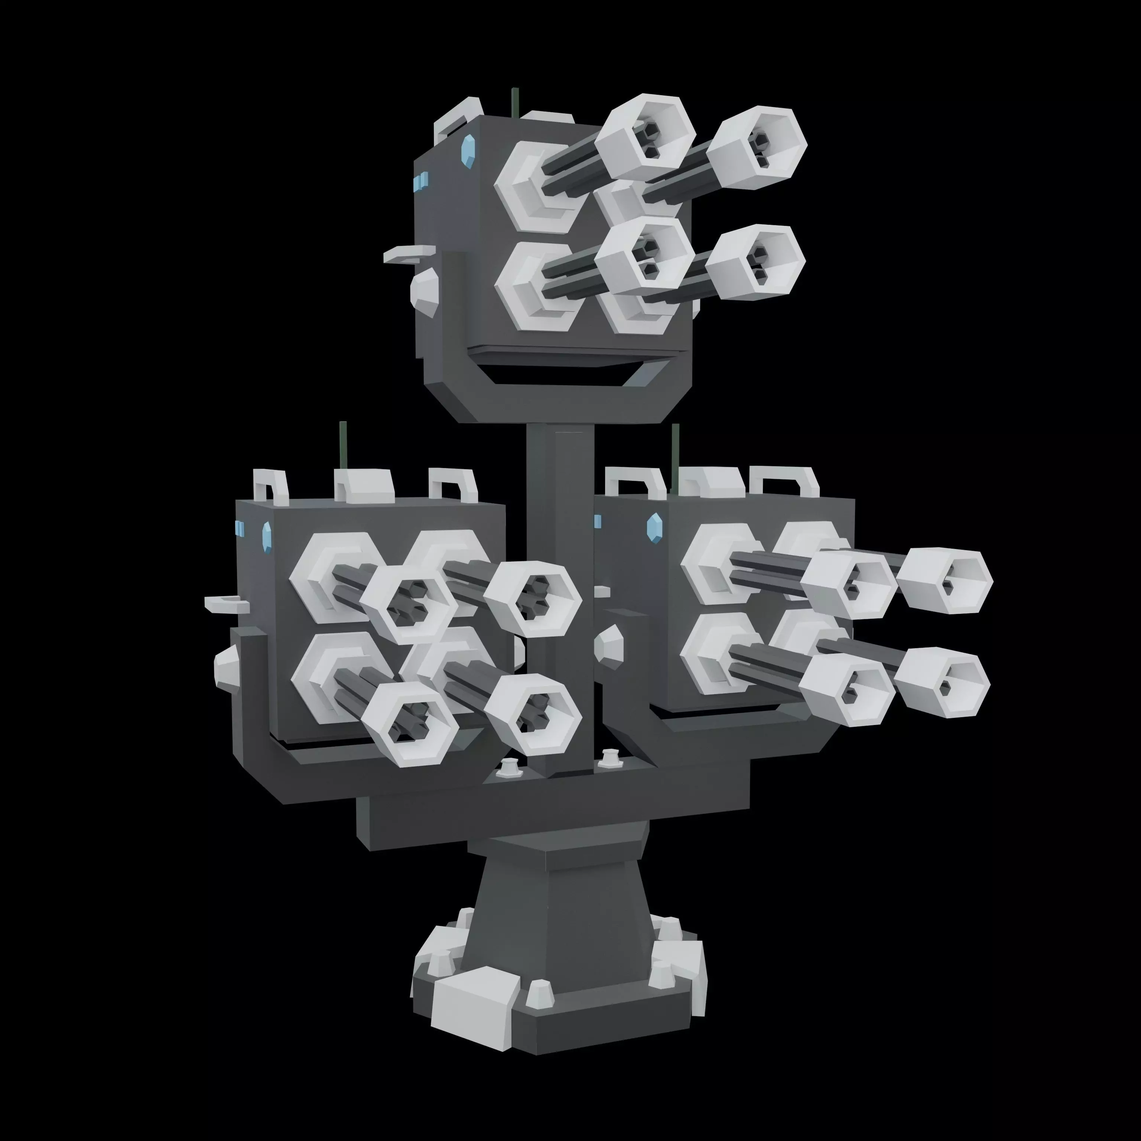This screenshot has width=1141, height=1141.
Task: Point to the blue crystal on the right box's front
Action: click(653, 526)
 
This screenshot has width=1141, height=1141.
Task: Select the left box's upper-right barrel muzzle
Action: click(533, 598)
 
